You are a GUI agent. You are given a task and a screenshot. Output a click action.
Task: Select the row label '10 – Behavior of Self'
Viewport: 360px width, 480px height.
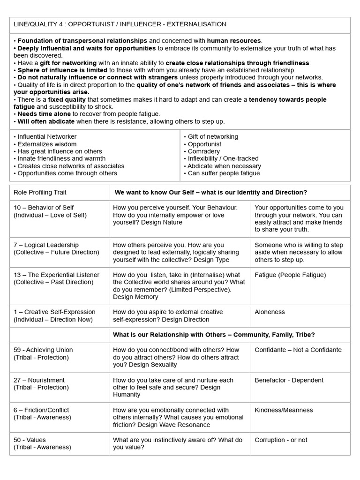44,208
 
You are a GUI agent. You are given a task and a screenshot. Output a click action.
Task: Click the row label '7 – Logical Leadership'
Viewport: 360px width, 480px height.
46,245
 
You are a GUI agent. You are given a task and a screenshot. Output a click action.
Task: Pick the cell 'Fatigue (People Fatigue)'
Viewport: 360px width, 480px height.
290,275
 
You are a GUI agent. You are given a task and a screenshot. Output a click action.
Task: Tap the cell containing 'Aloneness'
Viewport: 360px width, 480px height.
270,312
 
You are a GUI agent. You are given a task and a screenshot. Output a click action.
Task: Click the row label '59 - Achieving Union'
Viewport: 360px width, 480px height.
43,350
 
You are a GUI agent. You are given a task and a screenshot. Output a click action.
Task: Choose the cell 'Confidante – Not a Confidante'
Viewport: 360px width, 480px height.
298,350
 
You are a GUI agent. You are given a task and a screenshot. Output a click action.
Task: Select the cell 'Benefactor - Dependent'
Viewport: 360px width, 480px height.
289,380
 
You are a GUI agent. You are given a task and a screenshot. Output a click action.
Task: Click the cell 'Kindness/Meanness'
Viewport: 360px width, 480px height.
284,410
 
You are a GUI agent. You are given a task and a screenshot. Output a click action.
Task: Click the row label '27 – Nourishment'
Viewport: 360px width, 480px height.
39,380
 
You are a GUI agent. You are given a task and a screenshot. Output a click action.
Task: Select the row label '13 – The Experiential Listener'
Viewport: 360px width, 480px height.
56,275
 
